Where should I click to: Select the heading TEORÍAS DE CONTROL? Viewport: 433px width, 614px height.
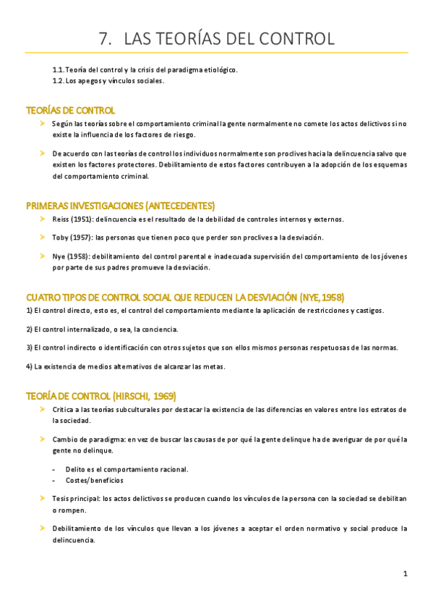coord(70,111)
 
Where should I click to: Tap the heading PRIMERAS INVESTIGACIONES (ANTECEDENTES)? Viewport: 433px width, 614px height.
coord(120,206)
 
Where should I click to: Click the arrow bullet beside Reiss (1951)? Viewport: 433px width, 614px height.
coord(43,219)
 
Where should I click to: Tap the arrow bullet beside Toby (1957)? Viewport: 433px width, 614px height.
coord(43,237)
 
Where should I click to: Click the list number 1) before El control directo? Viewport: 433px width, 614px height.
coord(30,311)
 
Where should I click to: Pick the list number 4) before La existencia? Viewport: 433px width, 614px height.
coord(30,366)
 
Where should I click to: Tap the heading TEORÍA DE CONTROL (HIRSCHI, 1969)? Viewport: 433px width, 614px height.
coord(100,396)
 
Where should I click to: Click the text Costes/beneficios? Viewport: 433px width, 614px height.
coord(94,480)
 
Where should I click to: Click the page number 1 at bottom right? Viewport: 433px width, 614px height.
coord(406,573)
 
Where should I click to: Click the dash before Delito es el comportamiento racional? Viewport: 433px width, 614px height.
coord(54,469)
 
